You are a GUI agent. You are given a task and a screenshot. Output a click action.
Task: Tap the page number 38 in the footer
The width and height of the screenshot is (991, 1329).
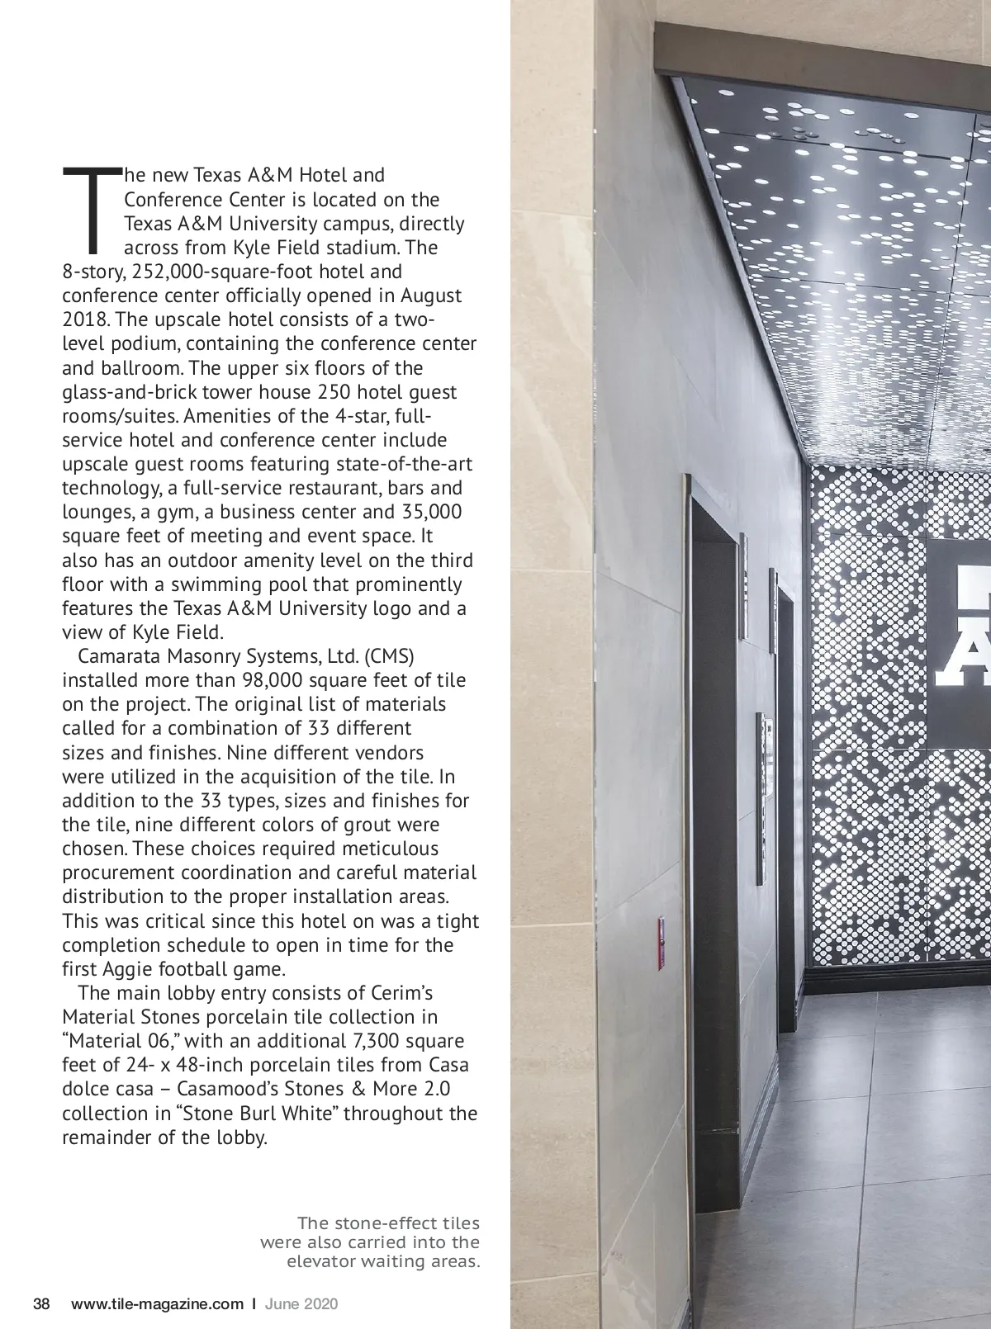(41, 1304)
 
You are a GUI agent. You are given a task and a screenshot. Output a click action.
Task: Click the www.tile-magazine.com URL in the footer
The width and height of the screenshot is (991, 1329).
(158, 1304)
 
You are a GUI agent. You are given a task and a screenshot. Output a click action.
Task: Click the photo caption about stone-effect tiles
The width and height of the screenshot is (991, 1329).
(370, 1242)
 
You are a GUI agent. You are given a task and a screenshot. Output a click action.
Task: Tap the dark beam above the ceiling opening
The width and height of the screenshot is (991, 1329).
(818, 56)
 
